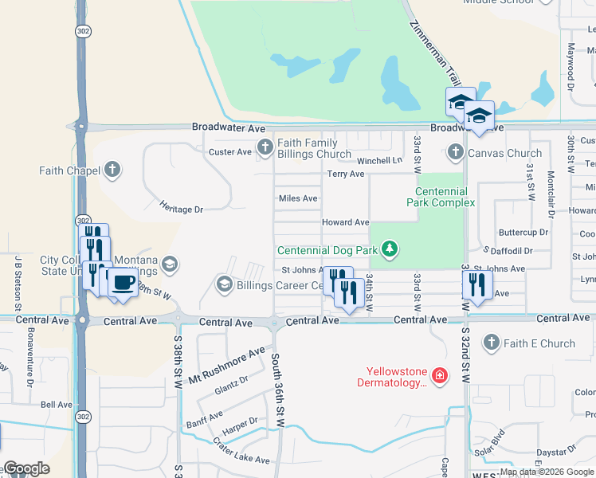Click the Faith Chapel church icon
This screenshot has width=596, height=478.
point(112,170)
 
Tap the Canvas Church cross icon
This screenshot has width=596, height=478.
point(456,151)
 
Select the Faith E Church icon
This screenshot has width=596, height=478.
point(492,343)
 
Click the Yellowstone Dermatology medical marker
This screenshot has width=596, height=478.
point(438,374)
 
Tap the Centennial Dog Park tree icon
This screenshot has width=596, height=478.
point(389,249)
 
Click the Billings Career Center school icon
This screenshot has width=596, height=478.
point(224,284)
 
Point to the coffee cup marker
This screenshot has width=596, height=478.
point(123,282)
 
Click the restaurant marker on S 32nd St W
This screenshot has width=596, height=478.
point(477,284)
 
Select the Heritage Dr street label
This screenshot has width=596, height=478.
point(182,209)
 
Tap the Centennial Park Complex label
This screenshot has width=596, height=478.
point(445,197)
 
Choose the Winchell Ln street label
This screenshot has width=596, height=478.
point(379,160)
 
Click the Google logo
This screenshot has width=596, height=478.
point(25,468)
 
